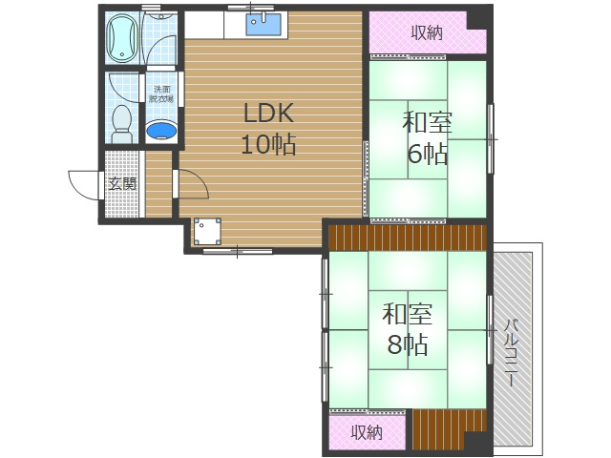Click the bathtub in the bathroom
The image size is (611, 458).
click(x=122, y=37)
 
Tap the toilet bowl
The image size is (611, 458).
click(x=122, y=124)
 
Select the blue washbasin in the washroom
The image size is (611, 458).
click(x=161, y=131)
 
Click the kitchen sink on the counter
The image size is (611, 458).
click(x=263, y=24)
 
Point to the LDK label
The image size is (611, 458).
click(x=268, y=114)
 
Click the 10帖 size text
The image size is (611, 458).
click(x=268, y=144)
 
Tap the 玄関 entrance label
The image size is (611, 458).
click(x=122, y=184)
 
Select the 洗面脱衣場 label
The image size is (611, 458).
click(x=161, y=94)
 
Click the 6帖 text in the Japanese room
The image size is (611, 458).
click(x=427, y=154)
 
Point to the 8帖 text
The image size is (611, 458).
click(x=408, y=344)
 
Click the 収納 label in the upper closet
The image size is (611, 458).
click(x=428, y=32)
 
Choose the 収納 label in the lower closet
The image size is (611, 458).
click(x=367, y=432)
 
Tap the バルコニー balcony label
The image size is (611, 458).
click(x=513, y=352)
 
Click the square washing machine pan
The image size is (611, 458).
click(x=207, y=231)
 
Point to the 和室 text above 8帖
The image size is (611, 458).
click(x=408, y=314)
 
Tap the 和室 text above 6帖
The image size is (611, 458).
click(x=427, y=123)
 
